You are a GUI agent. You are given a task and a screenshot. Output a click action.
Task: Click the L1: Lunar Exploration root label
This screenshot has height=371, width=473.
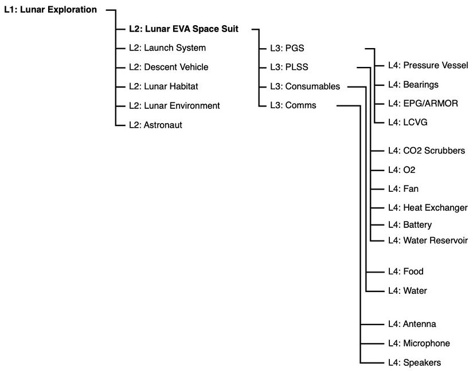click(50, 9)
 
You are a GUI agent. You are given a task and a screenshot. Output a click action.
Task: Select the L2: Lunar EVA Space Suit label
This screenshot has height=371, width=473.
click(183, 29)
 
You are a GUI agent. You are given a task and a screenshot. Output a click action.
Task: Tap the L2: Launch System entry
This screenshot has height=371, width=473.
click(167, 48)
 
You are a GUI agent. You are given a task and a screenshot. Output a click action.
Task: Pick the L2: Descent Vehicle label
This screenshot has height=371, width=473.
click(169, 67)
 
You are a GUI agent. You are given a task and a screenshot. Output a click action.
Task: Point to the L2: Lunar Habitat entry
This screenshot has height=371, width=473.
click(164, 86)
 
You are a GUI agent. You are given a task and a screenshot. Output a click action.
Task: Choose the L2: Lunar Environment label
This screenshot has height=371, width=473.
click(174, 105)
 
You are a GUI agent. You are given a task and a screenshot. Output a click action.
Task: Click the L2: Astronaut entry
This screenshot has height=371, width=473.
click(155, 124)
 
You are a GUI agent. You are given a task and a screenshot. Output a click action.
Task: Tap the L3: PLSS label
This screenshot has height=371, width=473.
click(288, 67)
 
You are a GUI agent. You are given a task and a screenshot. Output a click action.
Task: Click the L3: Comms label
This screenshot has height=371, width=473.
click(292, 105)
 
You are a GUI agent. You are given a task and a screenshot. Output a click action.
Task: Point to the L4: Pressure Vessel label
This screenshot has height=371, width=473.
click(428, 66)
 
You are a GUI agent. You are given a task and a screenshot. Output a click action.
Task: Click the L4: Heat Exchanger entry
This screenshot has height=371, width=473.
click(427, 207)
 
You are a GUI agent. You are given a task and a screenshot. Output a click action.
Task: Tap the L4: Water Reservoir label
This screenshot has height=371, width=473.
click(428, 240)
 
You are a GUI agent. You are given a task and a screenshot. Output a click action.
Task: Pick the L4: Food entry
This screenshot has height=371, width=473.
click(405, 271)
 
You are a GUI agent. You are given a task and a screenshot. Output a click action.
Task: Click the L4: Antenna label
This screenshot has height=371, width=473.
click(412, 324)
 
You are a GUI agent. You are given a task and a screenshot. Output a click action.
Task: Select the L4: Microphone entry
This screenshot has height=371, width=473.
click(419, 343)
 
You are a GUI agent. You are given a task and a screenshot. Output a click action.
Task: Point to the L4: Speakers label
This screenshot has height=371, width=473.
click(414, 362)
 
